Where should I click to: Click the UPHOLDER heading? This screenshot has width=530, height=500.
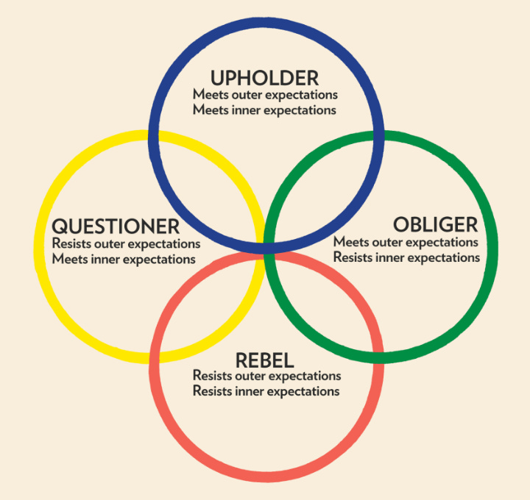point(265,78)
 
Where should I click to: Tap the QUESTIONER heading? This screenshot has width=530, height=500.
point(116,226)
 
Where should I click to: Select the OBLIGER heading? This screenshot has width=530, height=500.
point(435,224)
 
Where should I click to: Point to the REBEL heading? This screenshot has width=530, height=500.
point(265,360)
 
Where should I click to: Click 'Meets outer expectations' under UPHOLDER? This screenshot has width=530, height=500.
point(265,95)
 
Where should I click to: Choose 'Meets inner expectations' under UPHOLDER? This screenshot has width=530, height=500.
point(265,110)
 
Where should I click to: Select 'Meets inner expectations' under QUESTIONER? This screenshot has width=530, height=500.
point(124,259)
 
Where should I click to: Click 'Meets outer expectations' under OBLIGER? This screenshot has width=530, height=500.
point(406,242)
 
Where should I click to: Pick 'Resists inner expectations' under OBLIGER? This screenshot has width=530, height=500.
point(406,257)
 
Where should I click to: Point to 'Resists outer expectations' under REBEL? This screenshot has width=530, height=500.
point(266,376)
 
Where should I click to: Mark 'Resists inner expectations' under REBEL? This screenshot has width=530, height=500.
point(266,391)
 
